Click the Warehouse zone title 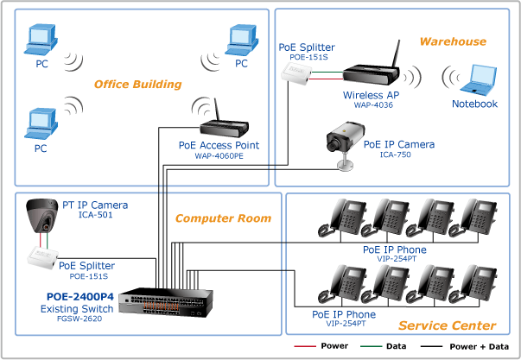(453, 41)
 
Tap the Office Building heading (138, 85)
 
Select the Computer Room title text (223, 218)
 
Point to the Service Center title (448, 325)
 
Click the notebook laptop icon (479, 79)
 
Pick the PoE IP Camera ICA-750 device (346, 145)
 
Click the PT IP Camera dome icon (42, 215)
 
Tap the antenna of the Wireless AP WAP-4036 (396, 54)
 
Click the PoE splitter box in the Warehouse (296, 73)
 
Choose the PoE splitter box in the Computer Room (42, 257)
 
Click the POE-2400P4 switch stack (166, 303)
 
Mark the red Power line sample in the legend (305, 346)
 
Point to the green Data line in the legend (371, 346)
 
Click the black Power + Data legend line (431, 346)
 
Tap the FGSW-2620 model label (79, 319)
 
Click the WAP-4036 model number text (373, 105)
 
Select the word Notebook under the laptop (474, 104)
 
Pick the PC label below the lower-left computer (41, 148)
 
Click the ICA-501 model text (95, 215)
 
